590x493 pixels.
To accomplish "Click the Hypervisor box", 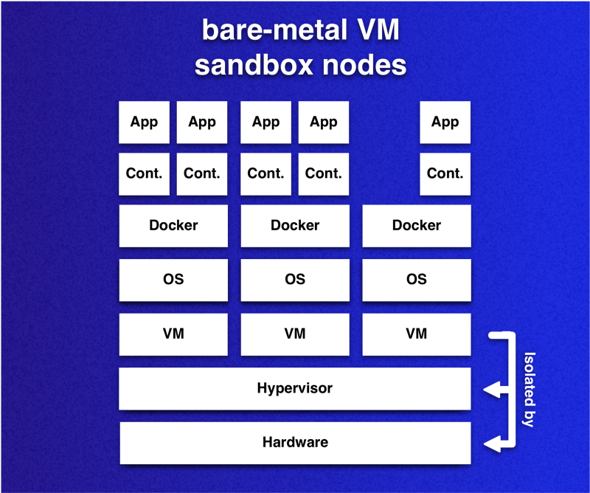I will [x=294, y=388].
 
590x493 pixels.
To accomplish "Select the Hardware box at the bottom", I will [x=294, y=443].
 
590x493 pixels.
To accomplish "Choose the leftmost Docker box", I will [x=173, y=225].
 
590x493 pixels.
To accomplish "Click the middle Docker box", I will [x=294, y=225].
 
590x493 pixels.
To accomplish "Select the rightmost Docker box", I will [x=416, y=225].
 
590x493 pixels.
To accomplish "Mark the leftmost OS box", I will [x=173, y=280].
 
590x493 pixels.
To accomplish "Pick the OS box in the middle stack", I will [x=294, y=280].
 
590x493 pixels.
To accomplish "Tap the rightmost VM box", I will [x=416, y=334].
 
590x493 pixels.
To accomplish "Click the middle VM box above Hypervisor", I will [x=294, y=334].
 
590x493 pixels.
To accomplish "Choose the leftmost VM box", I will [x=173, y=334].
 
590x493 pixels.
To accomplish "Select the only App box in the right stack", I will [x=445, y=122].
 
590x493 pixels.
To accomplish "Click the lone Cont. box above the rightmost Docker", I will [x=445, y=173].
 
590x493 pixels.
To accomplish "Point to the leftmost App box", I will [x=144, y=122].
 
